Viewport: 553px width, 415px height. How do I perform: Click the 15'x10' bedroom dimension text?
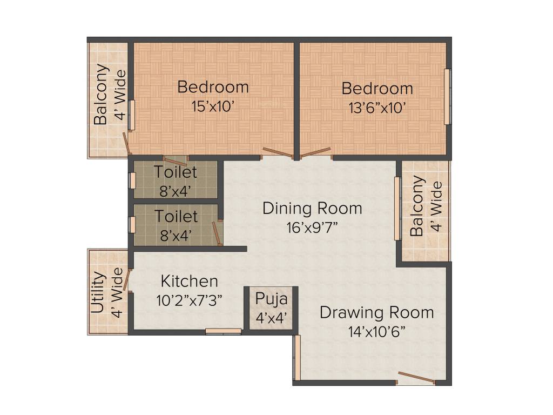click(213, 106)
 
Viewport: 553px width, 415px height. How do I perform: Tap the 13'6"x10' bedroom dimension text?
click(377, 108)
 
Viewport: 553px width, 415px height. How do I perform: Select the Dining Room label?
click(312, 208)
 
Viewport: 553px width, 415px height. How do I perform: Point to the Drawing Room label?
click(376, 312)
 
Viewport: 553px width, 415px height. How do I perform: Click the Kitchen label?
click(190, 282)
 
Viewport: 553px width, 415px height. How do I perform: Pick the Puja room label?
click(272, 299)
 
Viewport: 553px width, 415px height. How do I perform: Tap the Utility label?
click(98, 292)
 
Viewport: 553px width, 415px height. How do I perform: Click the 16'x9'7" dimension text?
click(312, 227)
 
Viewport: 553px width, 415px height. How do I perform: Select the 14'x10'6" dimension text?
click(377, 331)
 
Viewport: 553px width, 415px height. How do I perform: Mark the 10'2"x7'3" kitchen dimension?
click(190, 300)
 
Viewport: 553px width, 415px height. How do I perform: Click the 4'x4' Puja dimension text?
click(271, 318)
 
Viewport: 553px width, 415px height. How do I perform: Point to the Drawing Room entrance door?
click(416, 378)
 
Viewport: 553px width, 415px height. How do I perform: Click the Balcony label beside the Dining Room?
click(417, 206)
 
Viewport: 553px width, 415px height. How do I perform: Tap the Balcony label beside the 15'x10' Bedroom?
click(101, 95)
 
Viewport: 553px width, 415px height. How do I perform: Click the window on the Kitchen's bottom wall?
click(223, 331)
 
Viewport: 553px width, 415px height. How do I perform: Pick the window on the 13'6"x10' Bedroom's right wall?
click(447, 97)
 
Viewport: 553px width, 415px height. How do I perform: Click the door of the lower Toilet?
click(217, 233)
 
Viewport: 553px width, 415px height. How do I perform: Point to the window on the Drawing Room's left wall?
click(296, 358)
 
